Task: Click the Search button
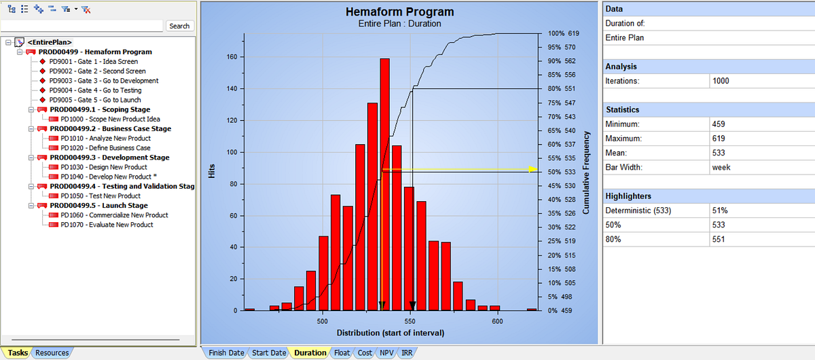[x=179, y=26]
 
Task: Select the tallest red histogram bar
[x=384, y=184]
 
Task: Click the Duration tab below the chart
[x=310, y=353]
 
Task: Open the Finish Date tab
[x=226, y=353]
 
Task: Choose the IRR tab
[x=407, y=353]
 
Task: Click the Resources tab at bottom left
[x=52, y=353]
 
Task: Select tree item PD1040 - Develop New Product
[x=106, y=177]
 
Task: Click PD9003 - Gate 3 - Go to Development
[x=104, y=80]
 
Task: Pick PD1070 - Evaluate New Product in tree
[x=107, y=225]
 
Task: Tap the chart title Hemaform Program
[x=399, y=12]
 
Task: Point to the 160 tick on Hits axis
[x=232, y=57]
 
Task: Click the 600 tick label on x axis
[x=497, y=321]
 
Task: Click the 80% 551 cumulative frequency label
[x=562, y=88]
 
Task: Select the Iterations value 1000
[x=721, y=81]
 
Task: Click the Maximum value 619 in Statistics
[x=719, y=139]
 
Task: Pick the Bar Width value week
[x=721, y=167]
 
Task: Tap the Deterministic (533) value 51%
[x=720, y=211]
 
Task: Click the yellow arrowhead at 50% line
[x=533, y=169]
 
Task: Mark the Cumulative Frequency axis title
[x=585, y=173]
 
